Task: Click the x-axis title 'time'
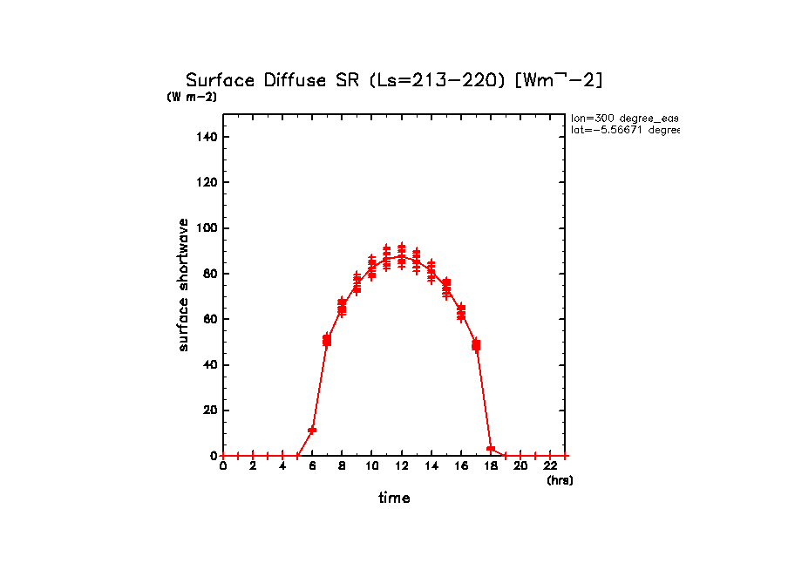click(394, 499)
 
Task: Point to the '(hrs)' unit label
click(560, 480)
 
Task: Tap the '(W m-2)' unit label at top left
click(192, 97)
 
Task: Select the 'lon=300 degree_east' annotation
click(624, 118)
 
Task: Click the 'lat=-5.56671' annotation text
click(624, 130)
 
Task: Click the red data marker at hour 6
click(312, 430)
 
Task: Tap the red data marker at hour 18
click(491, 449)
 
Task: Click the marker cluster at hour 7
click(327, 340)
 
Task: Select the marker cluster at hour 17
click(476, 345)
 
